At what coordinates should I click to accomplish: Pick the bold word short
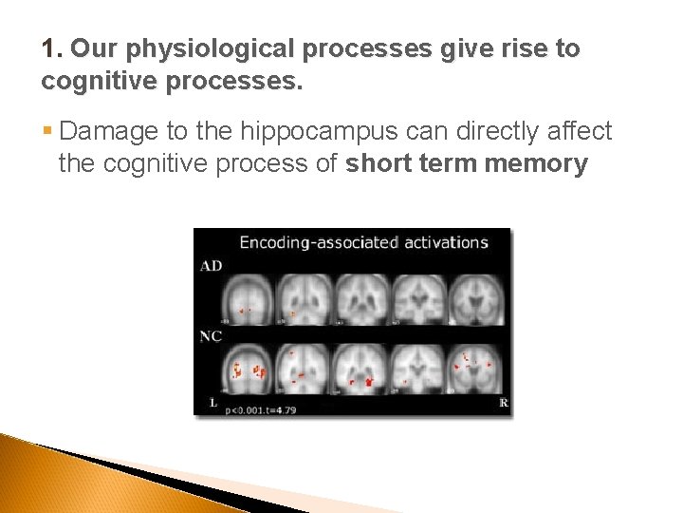(378, 163)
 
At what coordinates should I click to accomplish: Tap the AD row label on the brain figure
(211, 266)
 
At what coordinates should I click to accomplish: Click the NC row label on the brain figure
(211, 335)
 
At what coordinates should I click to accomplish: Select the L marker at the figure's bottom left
(213, 403)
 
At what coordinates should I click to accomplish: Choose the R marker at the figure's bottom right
(503, 403)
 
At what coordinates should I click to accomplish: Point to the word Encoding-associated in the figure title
(318, 242)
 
